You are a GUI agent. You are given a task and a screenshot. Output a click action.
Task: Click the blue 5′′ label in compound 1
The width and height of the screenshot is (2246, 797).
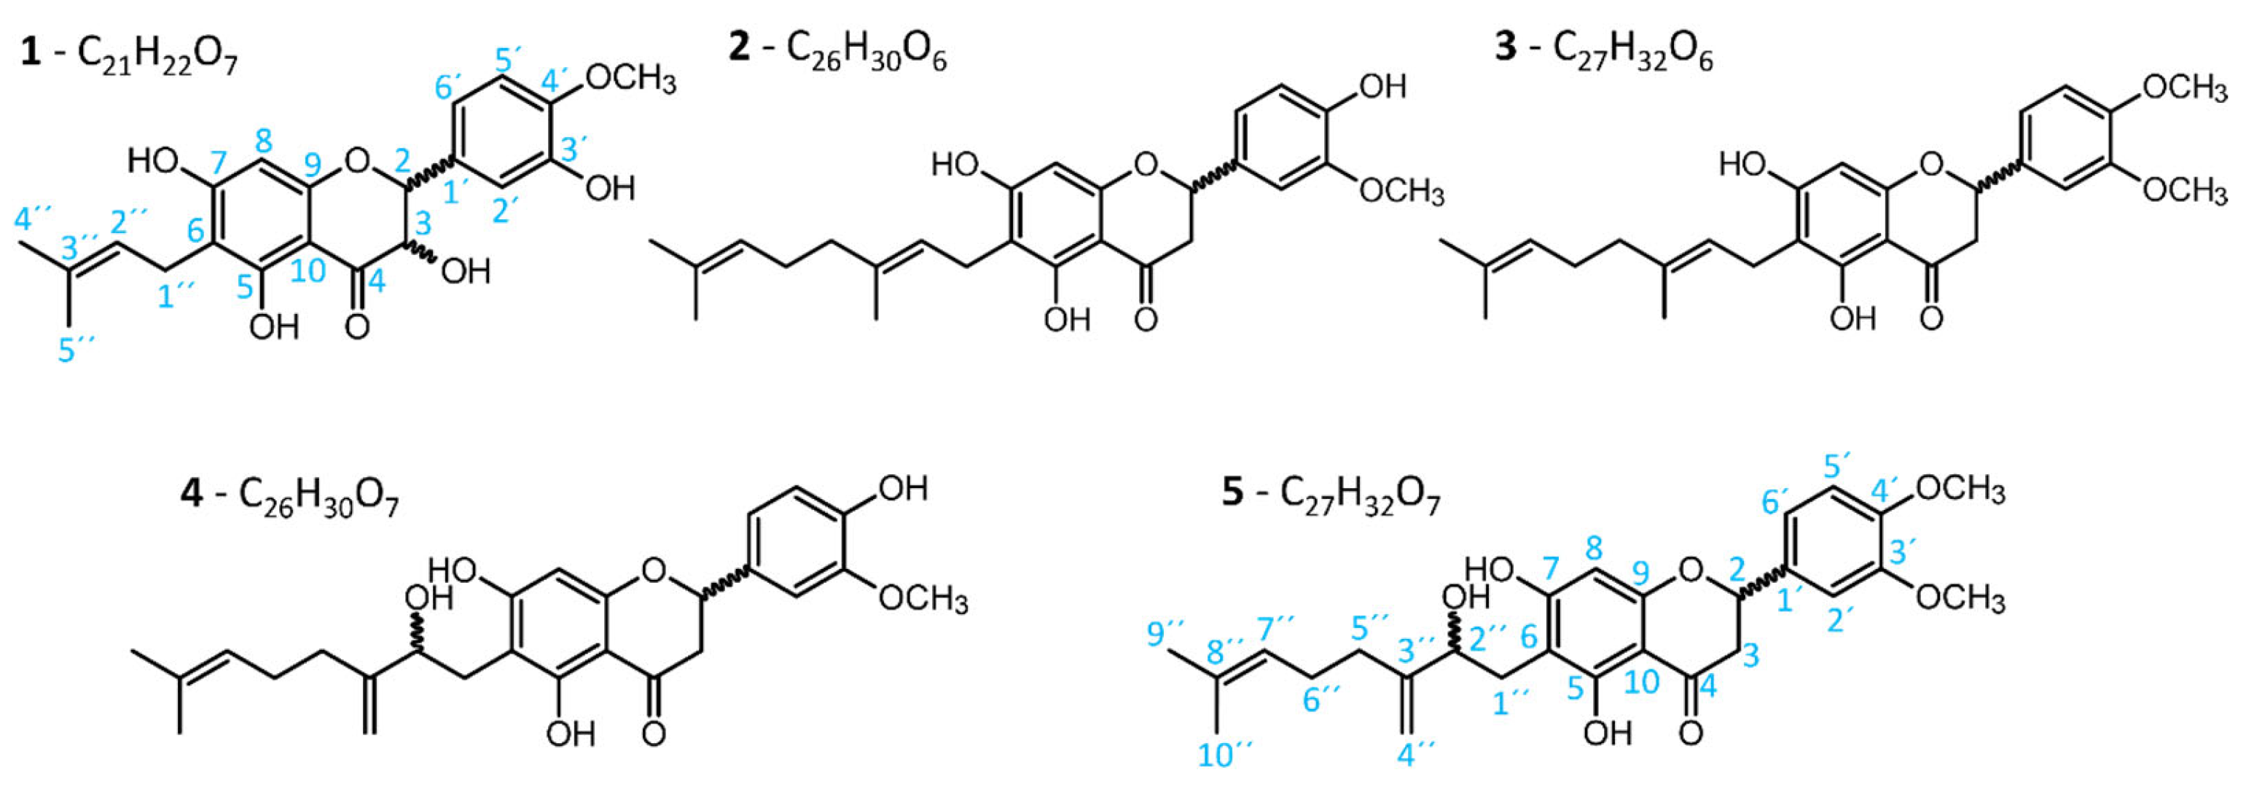click(x=79, y=349)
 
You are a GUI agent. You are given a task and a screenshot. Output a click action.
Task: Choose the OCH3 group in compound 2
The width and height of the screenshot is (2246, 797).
click(x=1401, y=192)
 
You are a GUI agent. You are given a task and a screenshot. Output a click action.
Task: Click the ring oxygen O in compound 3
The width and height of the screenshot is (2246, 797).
click(x=1932, y=162)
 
